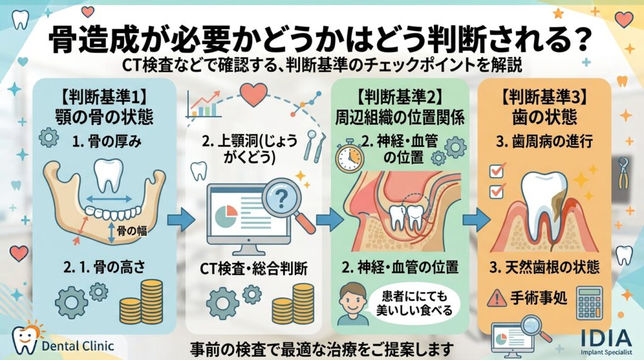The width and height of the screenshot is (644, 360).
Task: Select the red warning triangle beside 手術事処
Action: pyautogui.click(x=497, y=298)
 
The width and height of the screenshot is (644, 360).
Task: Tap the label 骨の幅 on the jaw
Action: pyautogui.click(x=132, y=230)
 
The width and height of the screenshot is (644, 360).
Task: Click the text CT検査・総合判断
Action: pyautogui.click(x=253, y=269)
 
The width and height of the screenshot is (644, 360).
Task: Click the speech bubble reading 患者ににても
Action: pyautogui.click(x=414, y=303)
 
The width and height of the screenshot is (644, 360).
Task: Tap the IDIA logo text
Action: pyautogui.click(x=606, y=338)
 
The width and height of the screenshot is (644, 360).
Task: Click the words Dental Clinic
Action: pyautogui.click(x=77, y=346)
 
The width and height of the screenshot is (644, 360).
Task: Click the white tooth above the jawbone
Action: pyautogui.click(x=108, y=176)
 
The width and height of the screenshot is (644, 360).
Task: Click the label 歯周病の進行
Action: pyautogui.click(x=545, y=142)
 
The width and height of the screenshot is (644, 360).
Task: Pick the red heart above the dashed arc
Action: pyautogui.click(x=253, y=94)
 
